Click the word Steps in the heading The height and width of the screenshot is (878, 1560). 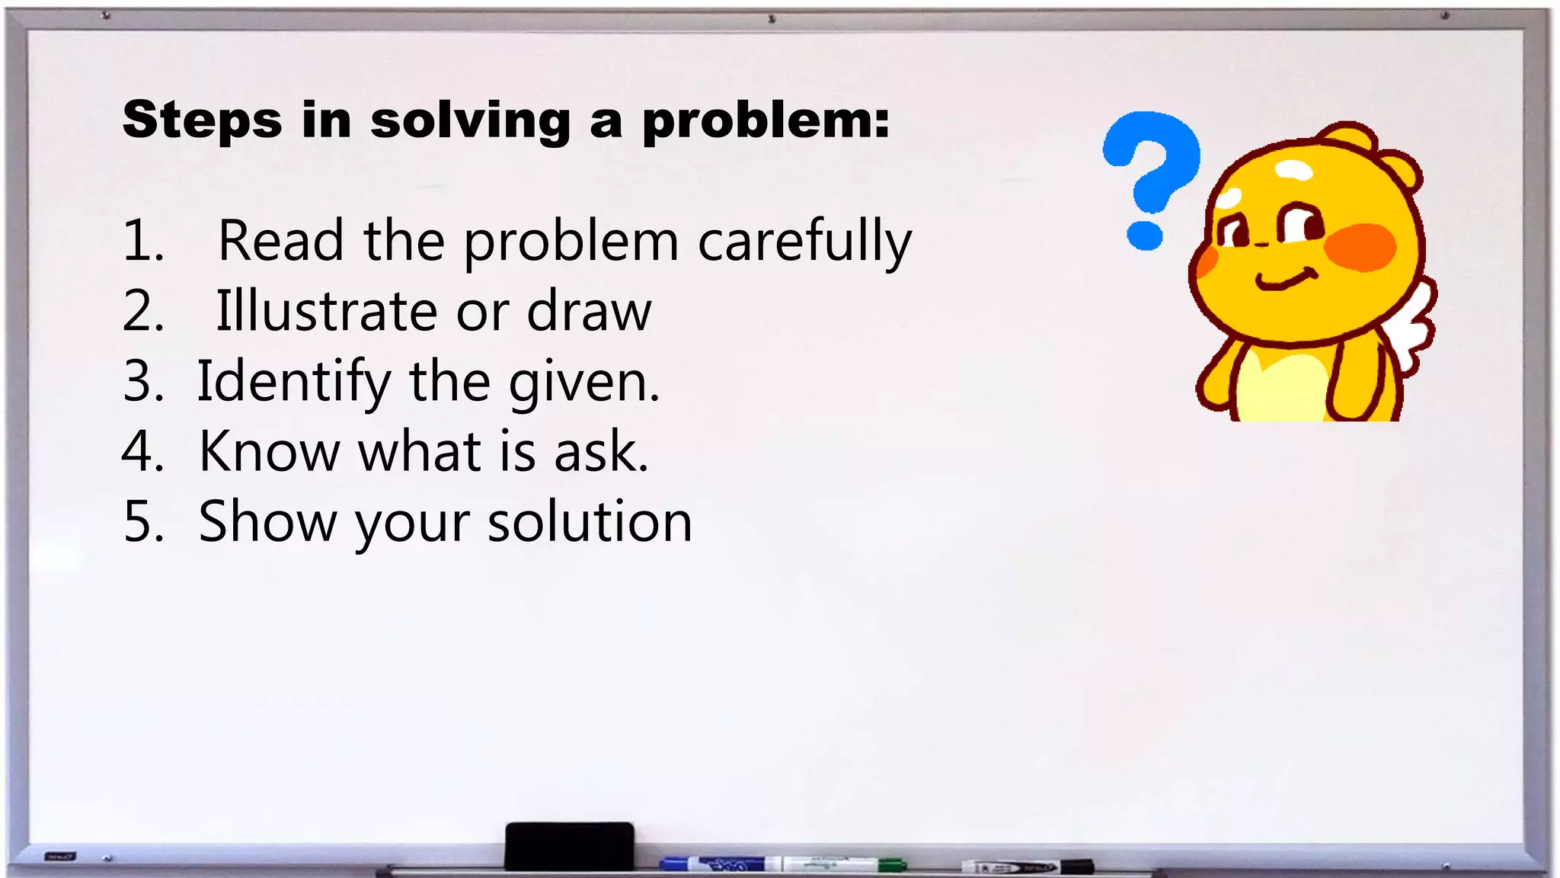(x=202, y=120)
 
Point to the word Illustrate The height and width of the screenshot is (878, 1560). (x=326, y=311)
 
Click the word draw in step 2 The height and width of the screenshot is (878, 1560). (x=589, y=311)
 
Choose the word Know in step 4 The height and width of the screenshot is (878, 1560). (x=269, y=451)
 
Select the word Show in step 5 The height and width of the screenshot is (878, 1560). (x=267, y=522)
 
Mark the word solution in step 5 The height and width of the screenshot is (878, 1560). (x=590, y=522)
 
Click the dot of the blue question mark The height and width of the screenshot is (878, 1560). (x=1145, y=236)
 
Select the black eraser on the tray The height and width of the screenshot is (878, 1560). (x=569, y=845)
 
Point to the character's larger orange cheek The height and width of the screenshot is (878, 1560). (x=1360, y=247)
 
